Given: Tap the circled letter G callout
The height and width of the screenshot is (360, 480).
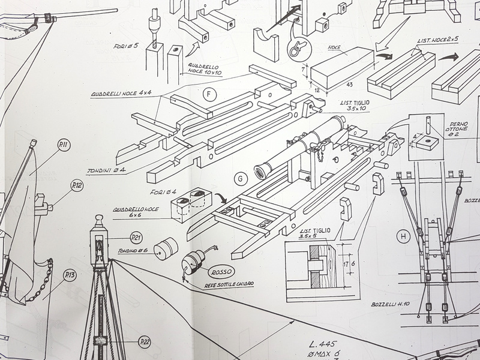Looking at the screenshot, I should point(241,178).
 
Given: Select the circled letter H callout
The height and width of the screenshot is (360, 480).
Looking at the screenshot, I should point(403,237).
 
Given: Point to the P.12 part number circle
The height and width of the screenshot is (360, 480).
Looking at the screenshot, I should point(77,186).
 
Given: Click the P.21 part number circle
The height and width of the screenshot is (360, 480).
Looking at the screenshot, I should point(136,238).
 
